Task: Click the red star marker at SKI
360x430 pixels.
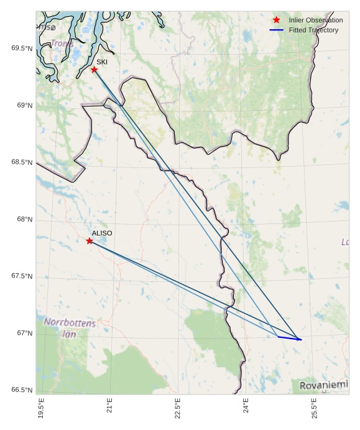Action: [x=94, y=69]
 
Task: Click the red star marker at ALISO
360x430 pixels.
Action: [x=90, y=241]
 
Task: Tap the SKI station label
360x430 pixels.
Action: [x=102, y=62]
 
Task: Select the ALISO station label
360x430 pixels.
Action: [x=102, y=233]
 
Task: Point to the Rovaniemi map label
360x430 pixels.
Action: [x=323, y=386]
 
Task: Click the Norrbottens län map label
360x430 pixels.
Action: [x=70, y=328]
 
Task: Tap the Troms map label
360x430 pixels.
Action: [x=62, y=44]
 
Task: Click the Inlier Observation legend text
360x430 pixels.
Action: [x=316, y=21]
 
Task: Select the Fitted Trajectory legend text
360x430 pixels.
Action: [x=313, y=30]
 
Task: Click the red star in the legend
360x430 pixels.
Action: [x=277, y=21]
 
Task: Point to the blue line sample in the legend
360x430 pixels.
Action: [x=277, y=30]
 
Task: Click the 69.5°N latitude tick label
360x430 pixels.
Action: [x=22, y=49]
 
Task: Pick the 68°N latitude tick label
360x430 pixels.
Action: [x=24, y=220]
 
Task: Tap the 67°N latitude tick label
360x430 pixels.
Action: [x=24, y=334]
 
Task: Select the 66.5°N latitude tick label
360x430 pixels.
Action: [x=22, y=390]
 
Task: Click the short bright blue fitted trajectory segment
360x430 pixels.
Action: [x=289, y=338]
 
